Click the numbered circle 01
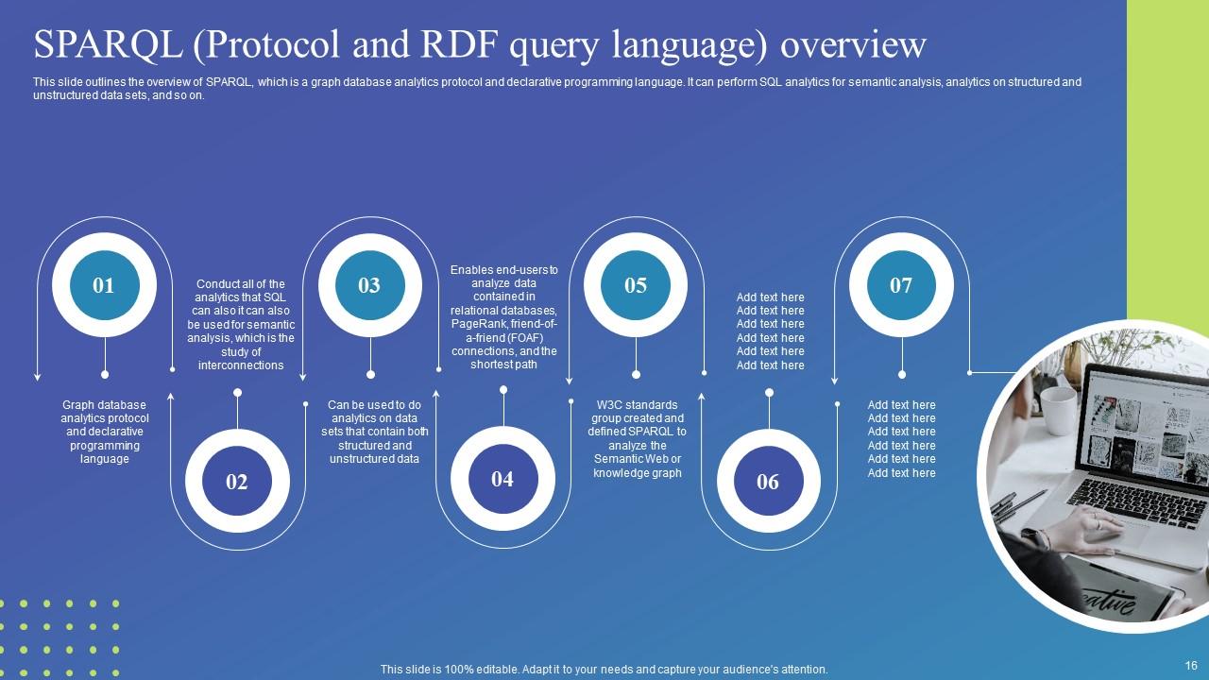click(104, 285)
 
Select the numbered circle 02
click(237, 481)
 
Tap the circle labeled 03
click(369, 285)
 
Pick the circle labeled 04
click(502, 479)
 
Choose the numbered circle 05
click(636, 285)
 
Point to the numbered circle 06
click(769, 481)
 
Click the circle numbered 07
click(901, 285)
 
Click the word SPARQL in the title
click(109, 44)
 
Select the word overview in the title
click(853, 45)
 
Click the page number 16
click(1191, 666)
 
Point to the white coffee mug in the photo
click(1059, 411)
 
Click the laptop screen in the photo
click(1144, 425)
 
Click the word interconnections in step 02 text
click(241, 365)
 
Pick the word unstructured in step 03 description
click(356, 459)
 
